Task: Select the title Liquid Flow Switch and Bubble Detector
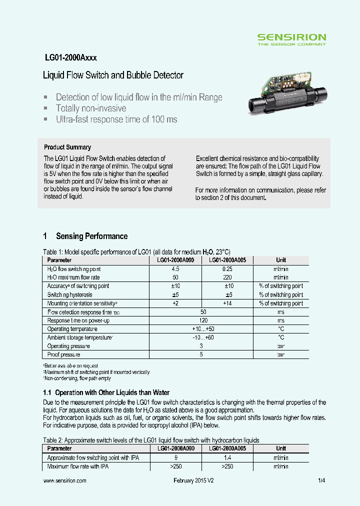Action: click(x=113, y=75)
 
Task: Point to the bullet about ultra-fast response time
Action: click(x=116, y=119)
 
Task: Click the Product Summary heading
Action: click(x=67, y=147)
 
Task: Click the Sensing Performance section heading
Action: click(x=91, y=236)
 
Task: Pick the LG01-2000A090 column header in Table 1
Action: click(x=175, y=260)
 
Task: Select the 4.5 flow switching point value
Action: click(x=175, y=269)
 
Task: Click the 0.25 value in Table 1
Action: click(x=227, y=269)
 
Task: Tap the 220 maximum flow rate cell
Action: click(x=227, y=277)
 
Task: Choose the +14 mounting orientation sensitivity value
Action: click(x=227, y=303)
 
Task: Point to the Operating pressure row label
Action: click(x=68, y=346)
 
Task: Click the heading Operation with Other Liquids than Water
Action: click(x=112, y=392)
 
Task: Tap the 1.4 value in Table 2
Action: click(x=227, y=457)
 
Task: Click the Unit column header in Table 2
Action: click(x=281, y=448)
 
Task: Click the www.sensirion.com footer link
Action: click(x=65, y=480)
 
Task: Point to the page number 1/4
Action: click(x=321, y=480)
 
